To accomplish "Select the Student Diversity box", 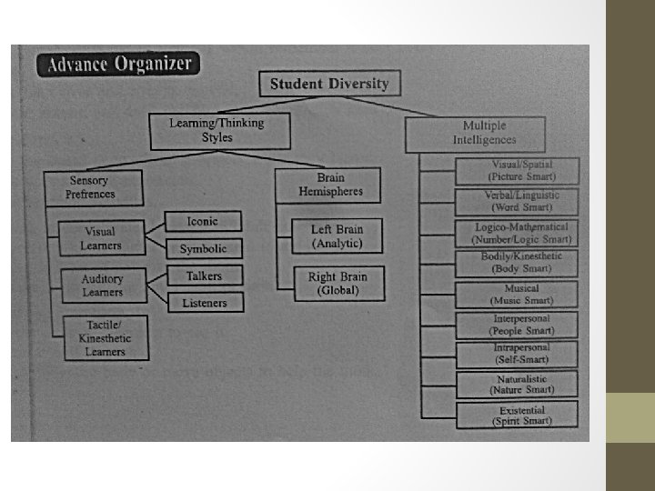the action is (328, 85).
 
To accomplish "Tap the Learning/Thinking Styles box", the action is (219, 131).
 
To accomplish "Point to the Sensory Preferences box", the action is (92, 187).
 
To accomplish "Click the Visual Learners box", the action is (101, 238).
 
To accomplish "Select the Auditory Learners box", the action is (101, 285).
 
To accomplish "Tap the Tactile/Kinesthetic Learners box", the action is (104, 338).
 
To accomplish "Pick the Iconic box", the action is (203, 221).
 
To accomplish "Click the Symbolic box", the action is (203, 248).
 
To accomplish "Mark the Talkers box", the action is (204, 275).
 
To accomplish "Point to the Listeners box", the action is (204, 302).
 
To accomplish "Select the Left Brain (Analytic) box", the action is (336, 236).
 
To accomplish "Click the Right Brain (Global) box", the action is (338, 283).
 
